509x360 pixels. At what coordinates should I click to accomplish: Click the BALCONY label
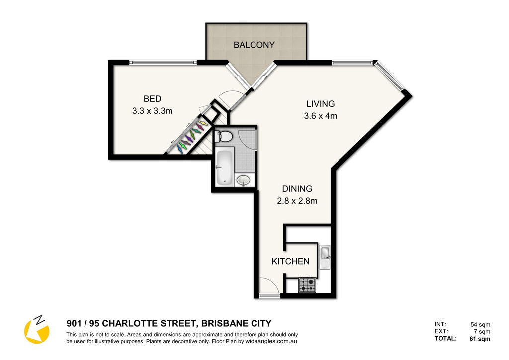[254, 45]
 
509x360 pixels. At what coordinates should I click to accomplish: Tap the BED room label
[152, 98]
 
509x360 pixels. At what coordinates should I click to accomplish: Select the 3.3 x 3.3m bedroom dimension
[152, 111]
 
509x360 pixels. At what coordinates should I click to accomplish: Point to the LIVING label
[321, 104]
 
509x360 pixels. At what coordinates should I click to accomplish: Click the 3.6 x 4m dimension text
[321, 116]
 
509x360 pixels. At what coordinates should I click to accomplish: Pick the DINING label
[297, 189]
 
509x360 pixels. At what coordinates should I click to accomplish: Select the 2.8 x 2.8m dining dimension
[297, 201]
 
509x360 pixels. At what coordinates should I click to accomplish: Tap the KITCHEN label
[290, 261]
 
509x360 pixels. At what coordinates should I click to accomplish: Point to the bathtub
[224, 167]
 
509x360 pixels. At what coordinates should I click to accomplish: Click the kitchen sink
[325, 257]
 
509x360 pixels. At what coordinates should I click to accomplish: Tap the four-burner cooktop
[307, 285]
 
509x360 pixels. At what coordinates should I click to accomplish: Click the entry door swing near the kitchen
[270, 287]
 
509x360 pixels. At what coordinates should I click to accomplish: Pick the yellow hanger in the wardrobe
[203, 123]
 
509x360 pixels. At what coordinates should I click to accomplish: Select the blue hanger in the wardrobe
[179, 149]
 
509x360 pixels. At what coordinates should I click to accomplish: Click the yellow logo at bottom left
[37, 330]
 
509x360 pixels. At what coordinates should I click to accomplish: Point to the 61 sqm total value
[480, 339]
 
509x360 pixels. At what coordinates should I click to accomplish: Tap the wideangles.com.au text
[271, 341]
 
